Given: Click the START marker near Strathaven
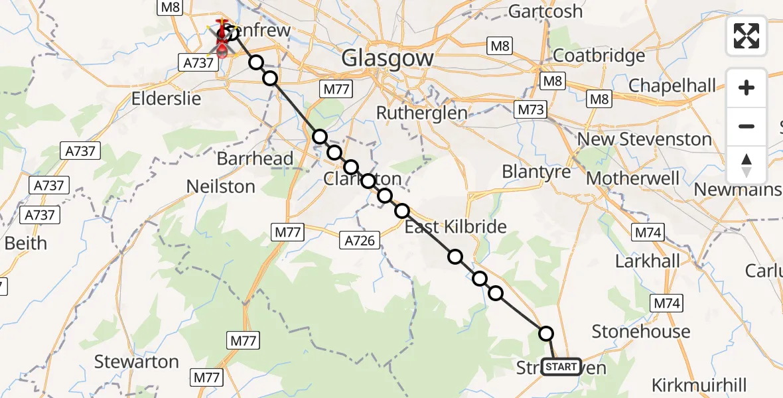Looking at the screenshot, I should [561, 367].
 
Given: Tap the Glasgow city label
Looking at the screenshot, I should [388, 58].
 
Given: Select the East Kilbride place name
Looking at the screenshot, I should [455, 227].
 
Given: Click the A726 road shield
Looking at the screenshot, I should [361, 239].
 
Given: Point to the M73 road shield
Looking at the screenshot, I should [531, 109].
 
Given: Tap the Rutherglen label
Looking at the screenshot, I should [421, 113].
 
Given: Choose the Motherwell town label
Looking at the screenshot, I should [632, 178].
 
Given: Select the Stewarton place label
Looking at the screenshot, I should [136, 362].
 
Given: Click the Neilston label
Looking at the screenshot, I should [221, 187].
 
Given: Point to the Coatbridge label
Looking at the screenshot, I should [599, 55].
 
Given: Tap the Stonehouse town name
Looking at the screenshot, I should [640, 331].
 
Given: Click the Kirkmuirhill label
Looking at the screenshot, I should [699, 385].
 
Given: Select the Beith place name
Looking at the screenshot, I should [26, 243].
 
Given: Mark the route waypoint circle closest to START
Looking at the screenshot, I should [546, 334].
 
